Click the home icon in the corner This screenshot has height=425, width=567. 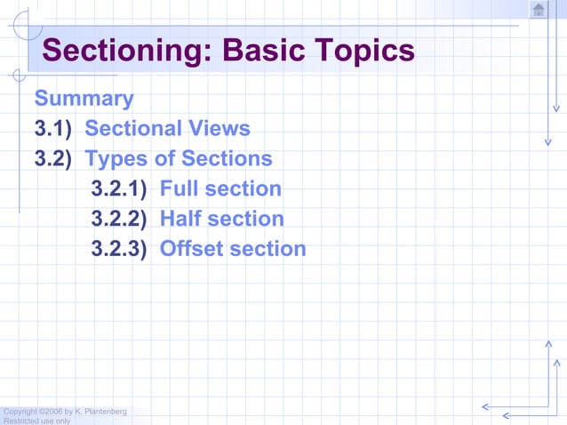[539, 10]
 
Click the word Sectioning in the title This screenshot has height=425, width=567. [124, 51]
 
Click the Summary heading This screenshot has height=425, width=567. [84, 99]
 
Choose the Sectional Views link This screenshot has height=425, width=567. [167, 129]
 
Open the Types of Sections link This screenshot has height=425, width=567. [178, 159]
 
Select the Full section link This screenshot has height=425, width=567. [220, 188]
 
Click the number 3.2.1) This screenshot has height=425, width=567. [118, 188]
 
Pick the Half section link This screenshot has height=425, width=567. [221, 219]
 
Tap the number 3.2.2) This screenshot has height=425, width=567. [118, 219]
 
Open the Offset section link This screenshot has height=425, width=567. [233, 249]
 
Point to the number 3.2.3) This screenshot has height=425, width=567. [118, 249]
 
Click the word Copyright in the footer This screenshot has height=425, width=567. [20, 412]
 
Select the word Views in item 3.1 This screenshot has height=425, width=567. [219, 129]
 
